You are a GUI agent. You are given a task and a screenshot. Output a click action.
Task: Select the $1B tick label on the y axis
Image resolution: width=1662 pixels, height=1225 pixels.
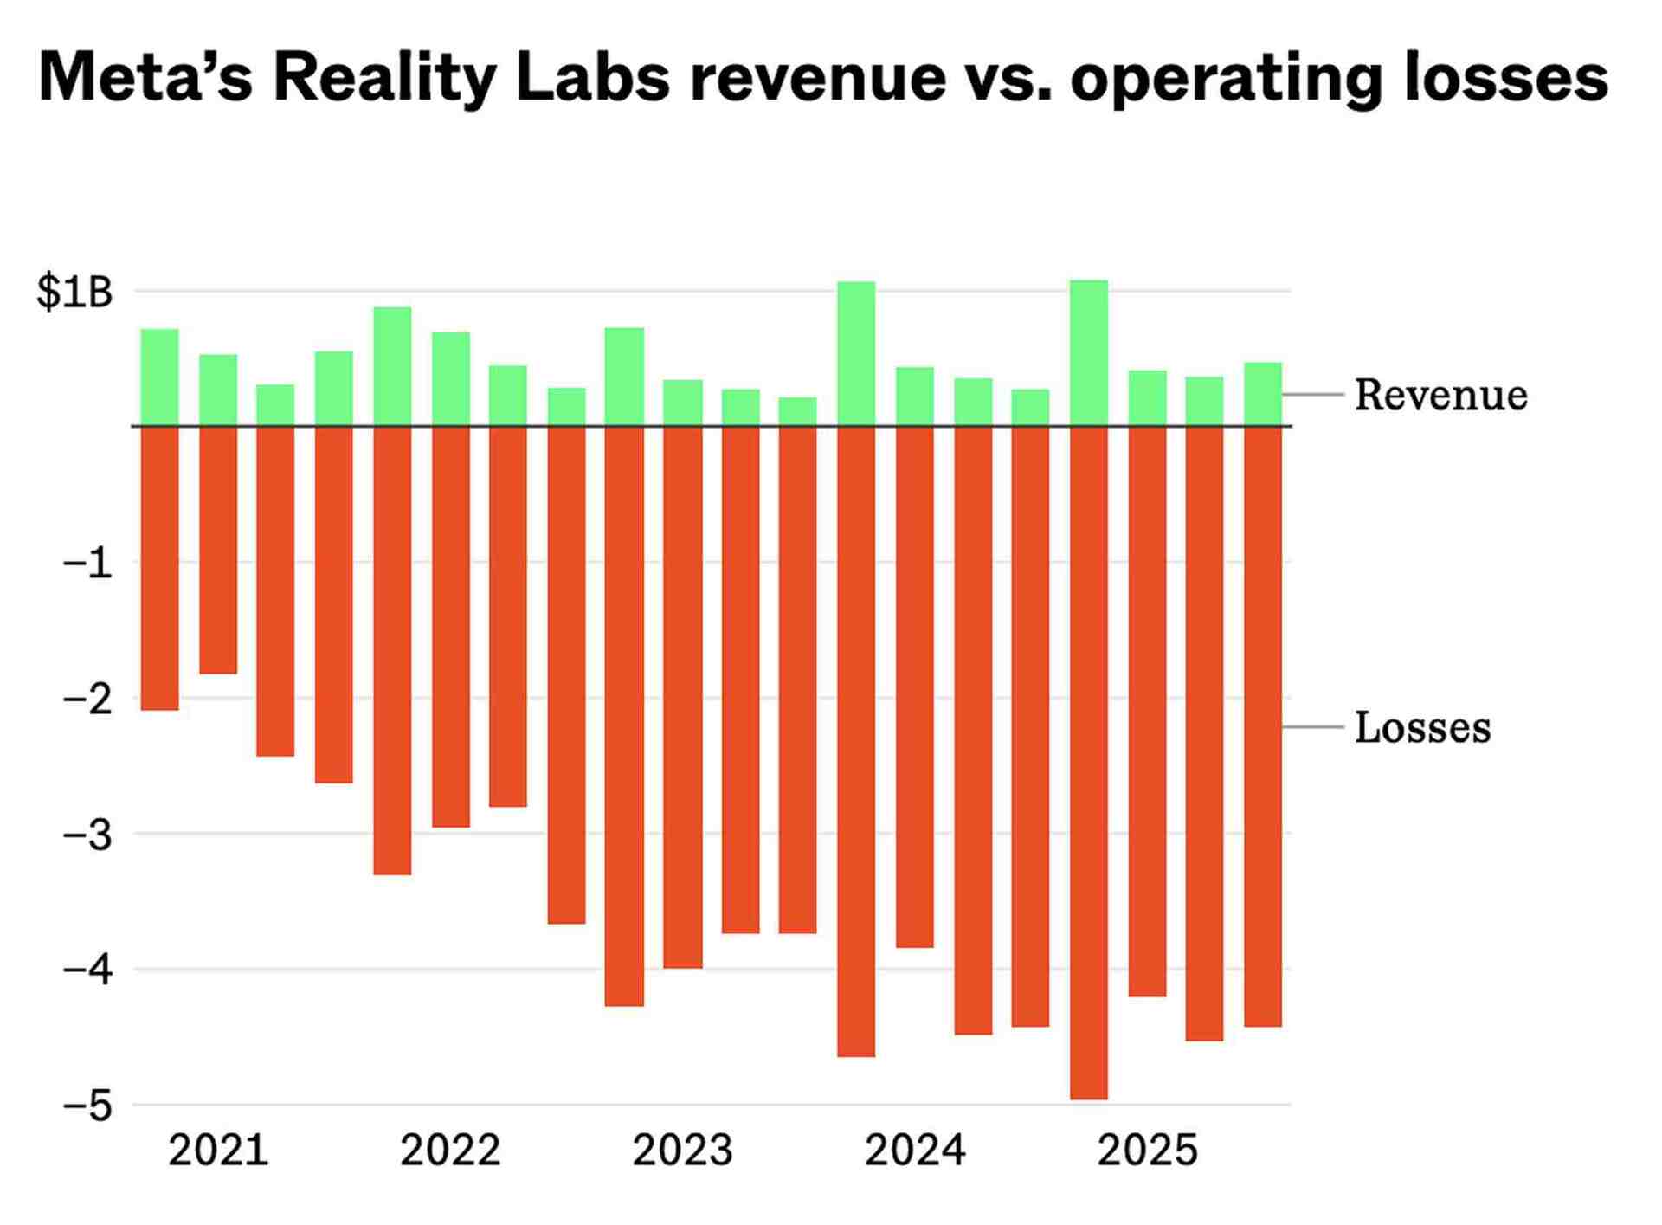(x=74, y=293)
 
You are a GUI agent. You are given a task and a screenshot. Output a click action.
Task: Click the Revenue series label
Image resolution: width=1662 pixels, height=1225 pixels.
(x=1440, y=396)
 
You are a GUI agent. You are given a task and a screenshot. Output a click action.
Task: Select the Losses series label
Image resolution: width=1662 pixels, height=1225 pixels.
(x=1422, y=728)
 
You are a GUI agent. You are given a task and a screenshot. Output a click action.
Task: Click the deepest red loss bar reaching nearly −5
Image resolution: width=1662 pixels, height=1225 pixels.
(x=1088, y=762)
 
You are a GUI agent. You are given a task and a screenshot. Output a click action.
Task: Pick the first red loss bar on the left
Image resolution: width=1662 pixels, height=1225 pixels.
(x=159, y=568)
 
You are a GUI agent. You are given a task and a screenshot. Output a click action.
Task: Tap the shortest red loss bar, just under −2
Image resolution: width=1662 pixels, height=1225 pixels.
(x=218, y=550)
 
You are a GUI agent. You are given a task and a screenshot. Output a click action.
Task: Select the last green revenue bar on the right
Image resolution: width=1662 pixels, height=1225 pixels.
(x=1263, y=394)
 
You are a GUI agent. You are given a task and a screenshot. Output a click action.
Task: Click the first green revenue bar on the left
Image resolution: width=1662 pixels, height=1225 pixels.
(x=159, y=377)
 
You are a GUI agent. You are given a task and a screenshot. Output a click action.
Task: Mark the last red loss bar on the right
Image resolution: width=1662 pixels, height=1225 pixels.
(x=1263, y=727)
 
